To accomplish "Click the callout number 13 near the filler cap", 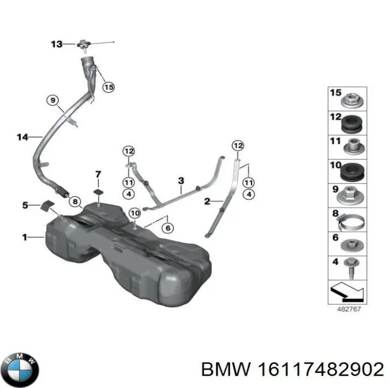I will [57, 44].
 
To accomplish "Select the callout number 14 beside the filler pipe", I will [22, 137].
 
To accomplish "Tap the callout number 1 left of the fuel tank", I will [25, 237].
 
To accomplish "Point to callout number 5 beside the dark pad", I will [24, 205].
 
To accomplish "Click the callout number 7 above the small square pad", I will [98, 174].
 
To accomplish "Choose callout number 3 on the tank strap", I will [181, 181].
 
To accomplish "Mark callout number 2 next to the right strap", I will [206, 201].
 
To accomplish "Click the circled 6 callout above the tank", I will [168, 228].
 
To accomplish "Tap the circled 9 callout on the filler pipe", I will [53, 100].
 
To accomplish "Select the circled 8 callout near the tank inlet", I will [75, 200].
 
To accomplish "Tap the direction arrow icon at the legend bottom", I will [348, 292].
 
